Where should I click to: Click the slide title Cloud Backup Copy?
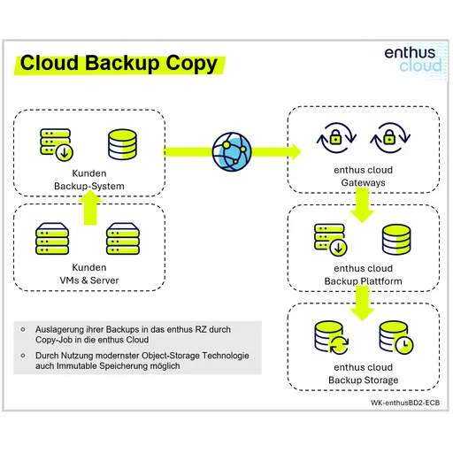click(119, 64)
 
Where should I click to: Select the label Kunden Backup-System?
click(89, 180)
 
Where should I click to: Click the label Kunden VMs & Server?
click(89, 273)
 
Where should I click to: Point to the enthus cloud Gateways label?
click(363, 176)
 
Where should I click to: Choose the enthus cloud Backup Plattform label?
click(363, 274)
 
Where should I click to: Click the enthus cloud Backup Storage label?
click(363, 373)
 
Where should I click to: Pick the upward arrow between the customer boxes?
click(89, 210)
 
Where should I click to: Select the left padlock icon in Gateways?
click(335, 138)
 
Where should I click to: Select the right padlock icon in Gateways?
click(386, 138)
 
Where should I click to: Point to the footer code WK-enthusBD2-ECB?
click(403, 403)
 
